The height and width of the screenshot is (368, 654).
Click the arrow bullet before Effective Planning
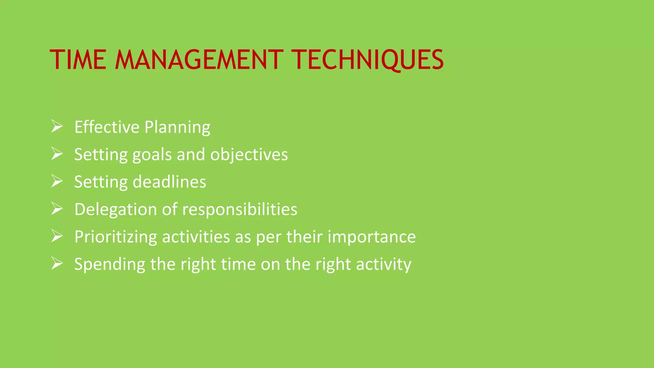[x=57, y=126]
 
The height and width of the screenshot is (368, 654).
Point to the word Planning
[x=177, y=127]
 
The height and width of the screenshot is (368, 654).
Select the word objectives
[x=249, y=155]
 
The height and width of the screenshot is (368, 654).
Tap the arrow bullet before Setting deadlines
[x=57, y=181]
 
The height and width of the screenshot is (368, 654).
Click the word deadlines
[x=169, y=182]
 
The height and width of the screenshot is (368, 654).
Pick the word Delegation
[x=116, y=210]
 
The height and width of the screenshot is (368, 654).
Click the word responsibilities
[x=240, y=210]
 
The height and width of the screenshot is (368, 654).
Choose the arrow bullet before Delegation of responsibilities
[x=57, y=209]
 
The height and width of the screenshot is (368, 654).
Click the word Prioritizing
[x=116, y=237]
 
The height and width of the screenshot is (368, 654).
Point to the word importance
[x=372, y=237]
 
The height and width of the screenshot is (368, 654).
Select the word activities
[x=196, y=237]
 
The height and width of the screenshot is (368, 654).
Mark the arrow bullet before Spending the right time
[x=57, y=264]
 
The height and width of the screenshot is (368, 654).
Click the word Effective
[x=107, y=127]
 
